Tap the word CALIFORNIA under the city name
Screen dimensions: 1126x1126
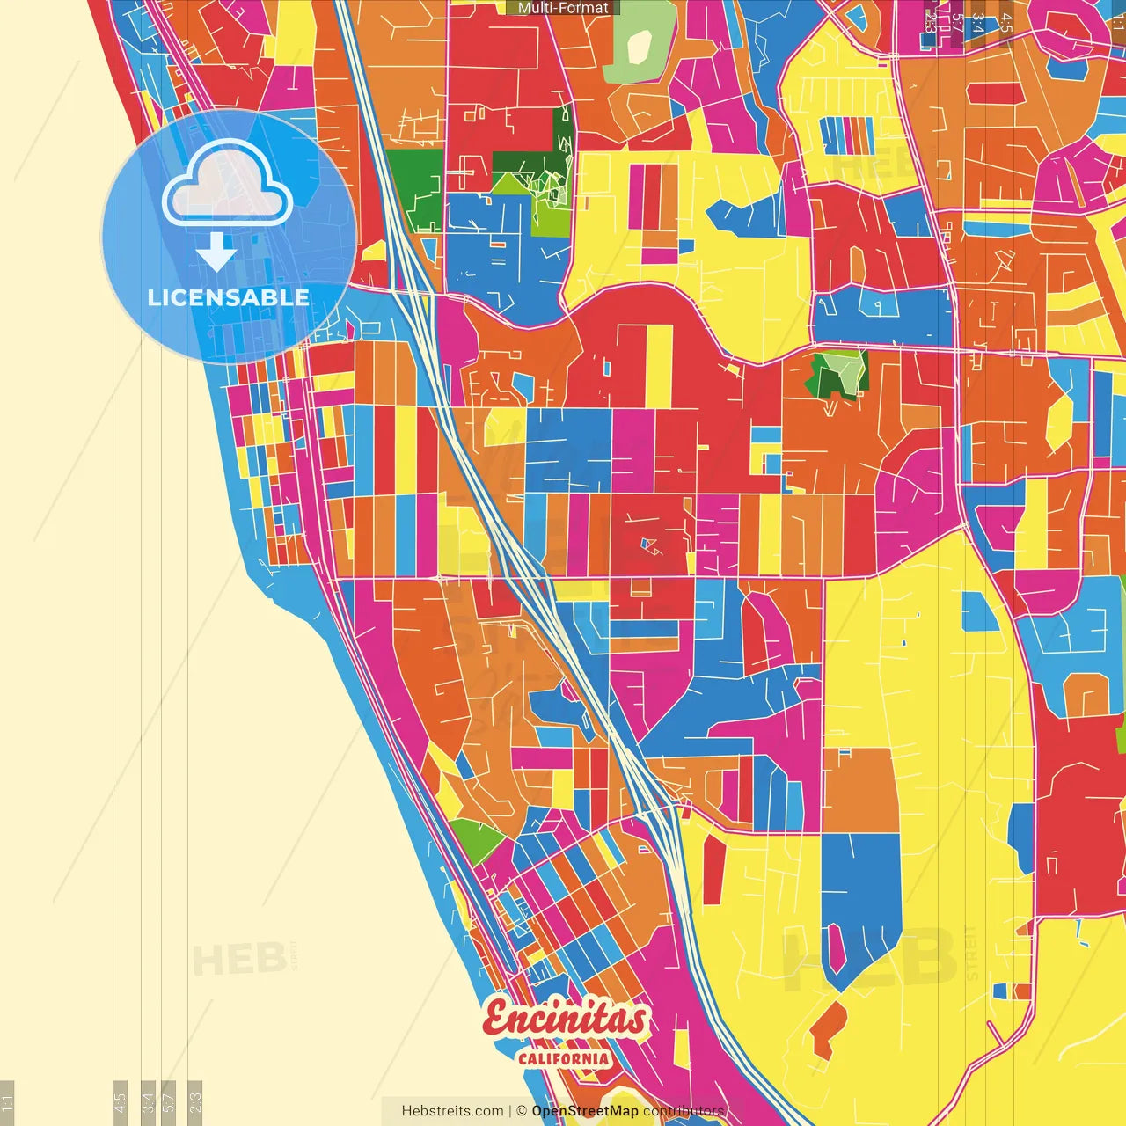click(564, 1058)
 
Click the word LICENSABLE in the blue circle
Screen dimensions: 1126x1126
click(228, 297)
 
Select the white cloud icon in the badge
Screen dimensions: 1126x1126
click(228, 185)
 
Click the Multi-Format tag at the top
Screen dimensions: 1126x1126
click(563, 8)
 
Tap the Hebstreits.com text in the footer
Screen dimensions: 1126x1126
click(452, 1111)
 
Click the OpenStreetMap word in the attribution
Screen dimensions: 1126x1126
click(584, 1111)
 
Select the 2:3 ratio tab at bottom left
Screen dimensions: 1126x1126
click(195, 1102)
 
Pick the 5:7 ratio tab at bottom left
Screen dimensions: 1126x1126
click(170, 1102)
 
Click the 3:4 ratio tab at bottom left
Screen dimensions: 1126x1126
click(148, 1102)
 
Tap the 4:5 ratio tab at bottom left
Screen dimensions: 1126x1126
click(120, 1102)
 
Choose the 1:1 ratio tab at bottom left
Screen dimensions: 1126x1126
click(7, 1102)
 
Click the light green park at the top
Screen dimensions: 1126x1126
click(640, 44)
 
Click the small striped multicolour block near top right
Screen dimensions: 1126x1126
click(846, 135)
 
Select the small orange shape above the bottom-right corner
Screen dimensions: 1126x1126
click(828, 1027)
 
